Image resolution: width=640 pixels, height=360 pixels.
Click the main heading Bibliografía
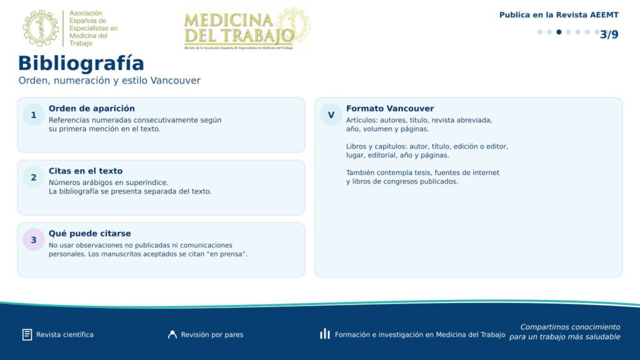click(x=81, y=64)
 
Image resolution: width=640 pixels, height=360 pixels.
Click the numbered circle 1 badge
click(x=34, y=115)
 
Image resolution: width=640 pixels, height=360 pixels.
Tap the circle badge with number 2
click(x=34, y=177)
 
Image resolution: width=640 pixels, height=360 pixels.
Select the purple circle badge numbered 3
click(x=34, y=240)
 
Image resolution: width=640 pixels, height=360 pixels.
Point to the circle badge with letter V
click(x=331, y=115)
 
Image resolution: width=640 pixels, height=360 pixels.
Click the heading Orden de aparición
click(x=91, y=109)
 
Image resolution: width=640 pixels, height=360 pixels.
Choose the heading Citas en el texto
click(x=85, y=171)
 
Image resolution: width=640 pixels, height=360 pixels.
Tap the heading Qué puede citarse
click(x=90, y=234)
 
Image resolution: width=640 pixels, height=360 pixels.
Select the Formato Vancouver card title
click(x=390, y=109)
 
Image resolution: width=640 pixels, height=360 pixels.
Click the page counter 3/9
click(x=609, y=35)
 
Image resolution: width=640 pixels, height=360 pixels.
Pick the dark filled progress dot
click(x=559, y=32)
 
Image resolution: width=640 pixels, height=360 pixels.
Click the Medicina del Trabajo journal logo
click(x=246, y=29)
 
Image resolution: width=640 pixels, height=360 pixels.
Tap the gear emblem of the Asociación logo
click(x=41, y=28)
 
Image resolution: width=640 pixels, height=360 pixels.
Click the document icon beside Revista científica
click(x=27, y=335)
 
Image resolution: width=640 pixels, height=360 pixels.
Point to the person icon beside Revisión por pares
click(x=172, y=335)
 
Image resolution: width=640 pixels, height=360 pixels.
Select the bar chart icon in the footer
click(x=325, y=334)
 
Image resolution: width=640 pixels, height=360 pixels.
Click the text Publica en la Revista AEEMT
click(x=559, y=15)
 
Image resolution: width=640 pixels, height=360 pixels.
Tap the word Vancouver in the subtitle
click(x=175, y=81)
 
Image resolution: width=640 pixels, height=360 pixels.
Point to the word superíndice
click(x=146, y=183)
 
